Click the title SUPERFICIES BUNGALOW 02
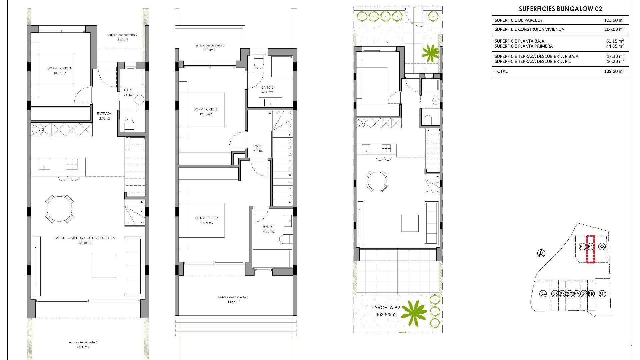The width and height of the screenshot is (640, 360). pyautogui.click(x=560, y=9)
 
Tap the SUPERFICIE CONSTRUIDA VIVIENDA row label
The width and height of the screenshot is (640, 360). pyautogui.click(x=529, y=29)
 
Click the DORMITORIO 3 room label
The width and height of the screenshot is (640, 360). pyautogui.click(x=59, y=68)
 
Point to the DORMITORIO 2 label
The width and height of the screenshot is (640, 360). pyautogui.click(x=205, y=109)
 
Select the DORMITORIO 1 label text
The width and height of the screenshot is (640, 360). pyautogui.click(x=207, y=218)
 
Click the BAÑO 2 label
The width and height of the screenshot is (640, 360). pyautogui.click(x=267, y=88)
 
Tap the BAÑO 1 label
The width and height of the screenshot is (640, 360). pyautogui.click(x=269, y=227)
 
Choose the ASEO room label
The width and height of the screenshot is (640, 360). pyautogui.click(x=128, y=90)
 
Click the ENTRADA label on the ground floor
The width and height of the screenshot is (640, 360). pyautogui.click(x=104, y=114)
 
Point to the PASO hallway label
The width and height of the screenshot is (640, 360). pyautogui.click(x=258, y=146)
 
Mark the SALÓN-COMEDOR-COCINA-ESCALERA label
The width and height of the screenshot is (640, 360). pyautogui.click(x=85, y=238)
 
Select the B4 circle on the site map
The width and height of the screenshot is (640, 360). pyautogui.click(x=543, y=294)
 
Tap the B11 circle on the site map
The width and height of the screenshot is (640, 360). pyautogui.click(x=602, y=294)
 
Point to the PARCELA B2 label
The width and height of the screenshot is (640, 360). pyautogui.click(x=386, y=308)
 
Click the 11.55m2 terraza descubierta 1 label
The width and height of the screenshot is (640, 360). pyautogui.click(x=233, y=300)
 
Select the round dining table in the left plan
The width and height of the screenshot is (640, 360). pyautogui.click(x=59, y=209)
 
